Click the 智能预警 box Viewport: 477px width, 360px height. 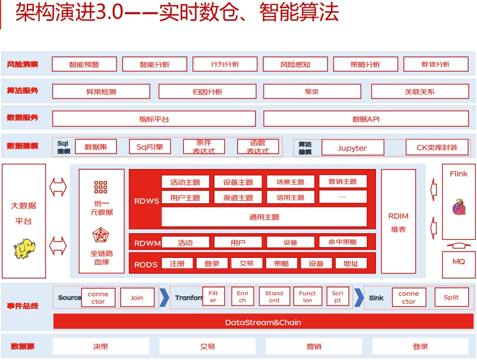(x=84, y=64)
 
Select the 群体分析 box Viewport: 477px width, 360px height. (x=436, y=64)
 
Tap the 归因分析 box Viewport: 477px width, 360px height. (x=207, y=91)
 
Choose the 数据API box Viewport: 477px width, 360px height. (x=366, y=119)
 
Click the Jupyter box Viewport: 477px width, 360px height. (x=352, y=148)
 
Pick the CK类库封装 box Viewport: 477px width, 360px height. (x=437, y=148)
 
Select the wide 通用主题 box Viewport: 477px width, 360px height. (x=264, y=217)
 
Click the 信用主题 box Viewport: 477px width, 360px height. (x=290, y=197)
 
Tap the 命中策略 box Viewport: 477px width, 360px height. (x=343, y=242)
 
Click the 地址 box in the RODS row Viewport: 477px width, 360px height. (x=351, y=263)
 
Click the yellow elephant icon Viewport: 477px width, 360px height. (x=24, y=249)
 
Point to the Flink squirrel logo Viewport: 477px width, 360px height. (x=459, y=207)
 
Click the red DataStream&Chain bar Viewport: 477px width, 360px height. (x=264, y=322)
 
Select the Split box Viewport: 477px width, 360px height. (x=451, y=297)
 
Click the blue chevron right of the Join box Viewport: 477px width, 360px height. (x=164, y=297)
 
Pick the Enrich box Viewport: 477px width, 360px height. (x=242, y=296)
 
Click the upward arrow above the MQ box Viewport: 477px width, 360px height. (x=459, y=245)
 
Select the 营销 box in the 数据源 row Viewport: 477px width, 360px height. (x=314, y=346)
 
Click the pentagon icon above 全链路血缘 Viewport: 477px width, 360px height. (x=101, y=235)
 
